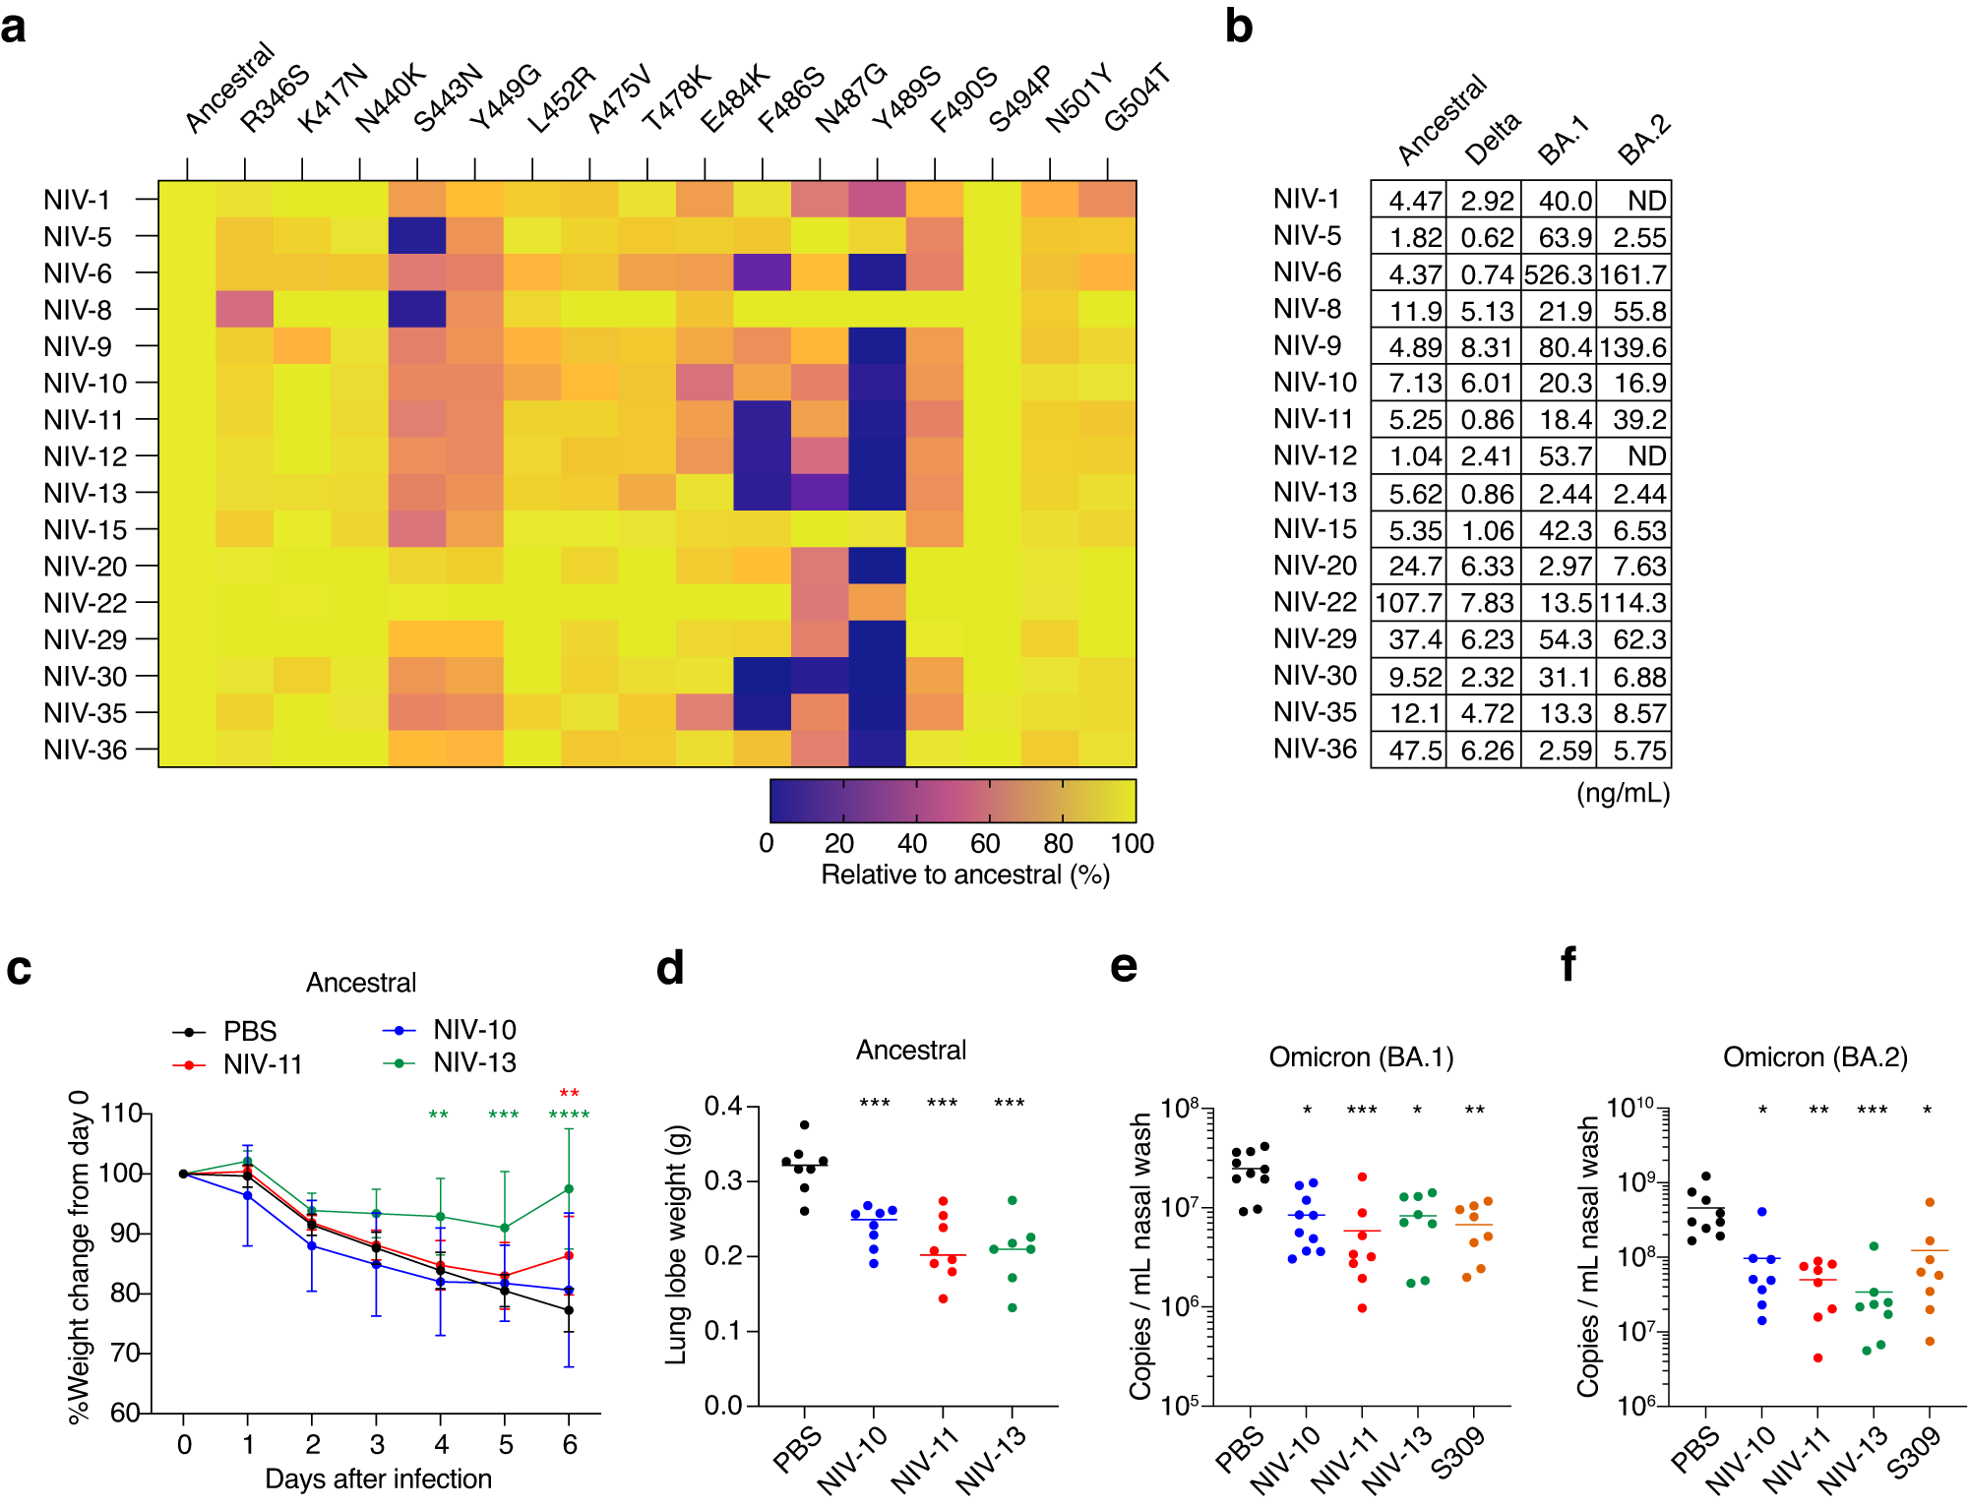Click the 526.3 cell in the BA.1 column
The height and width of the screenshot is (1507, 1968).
[x=1558, y=274]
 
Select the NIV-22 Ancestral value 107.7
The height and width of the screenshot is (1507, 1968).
[x=1408, y=603]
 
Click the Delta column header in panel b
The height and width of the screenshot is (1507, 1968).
[x=1493, y=139]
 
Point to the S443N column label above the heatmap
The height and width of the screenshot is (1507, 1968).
[x=448, y=98]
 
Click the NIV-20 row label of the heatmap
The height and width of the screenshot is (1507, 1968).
[x=85, y=567]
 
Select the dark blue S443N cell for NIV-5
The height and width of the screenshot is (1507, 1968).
[x=417, y=236]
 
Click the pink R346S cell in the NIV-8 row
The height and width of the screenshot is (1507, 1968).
[x=244, y=310]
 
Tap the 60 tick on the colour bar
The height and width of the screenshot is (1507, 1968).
[x=985, y=844]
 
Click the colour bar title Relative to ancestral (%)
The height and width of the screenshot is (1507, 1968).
[x=964, y=875]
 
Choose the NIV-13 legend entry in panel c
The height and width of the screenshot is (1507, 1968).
[x=474, y=1062]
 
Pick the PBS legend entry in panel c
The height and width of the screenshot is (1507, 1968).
[x=249, y=1032]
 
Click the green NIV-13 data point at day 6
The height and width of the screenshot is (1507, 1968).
[x=569, y=1189]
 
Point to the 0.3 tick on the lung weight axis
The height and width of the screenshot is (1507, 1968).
[x=722, y=1181]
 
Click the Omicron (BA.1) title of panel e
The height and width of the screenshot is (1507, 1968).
[x=1360, y=1057]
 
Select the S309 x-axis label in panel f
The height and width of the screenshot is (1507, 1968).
[x=1914, y=1454]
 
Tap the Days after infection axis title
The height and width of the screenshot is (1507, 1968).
[x=378, y=1479]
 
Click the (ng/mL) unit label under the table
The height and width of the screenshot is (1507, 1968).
[x=1623, y=794]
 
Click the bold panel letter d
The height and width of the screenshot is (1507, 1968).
[x=670, y=969]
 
